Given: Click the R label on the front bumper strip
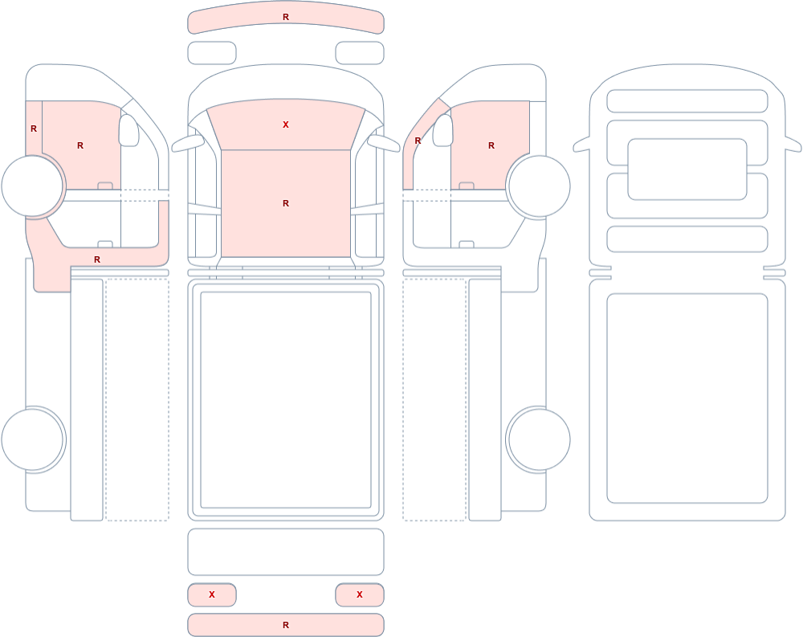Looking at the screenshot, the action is click(286, 18).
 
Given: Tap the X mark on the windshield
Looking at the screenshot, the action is click(286, 125).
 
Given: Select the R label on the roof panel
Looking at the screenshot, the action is click(286, 203).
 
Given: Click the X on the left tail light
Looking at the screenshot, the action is click(212, 594).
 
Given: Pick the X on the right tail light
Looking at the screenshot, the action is click(360, 594).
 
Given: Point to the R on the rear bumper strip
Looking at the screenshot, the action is click(286, 625).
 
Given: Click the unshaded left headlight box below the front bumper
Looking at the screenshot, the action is click(212, 53).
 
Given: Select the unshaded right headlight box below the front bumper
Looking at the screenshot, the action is click(360, 53).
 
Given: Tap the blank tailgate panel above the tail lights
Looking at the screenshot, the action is click(286, 552).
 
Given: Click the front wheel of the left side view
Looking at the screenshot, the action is click(33, 186).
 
